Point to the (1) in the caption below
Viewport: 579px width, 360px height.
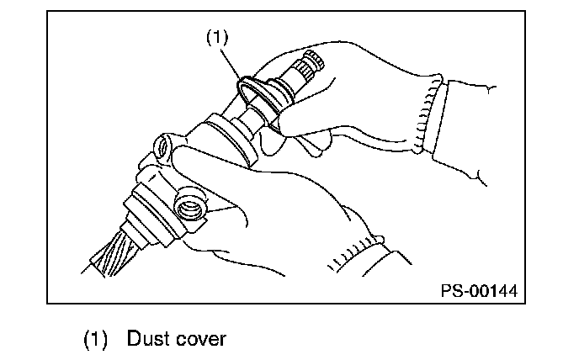(95, 339)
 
